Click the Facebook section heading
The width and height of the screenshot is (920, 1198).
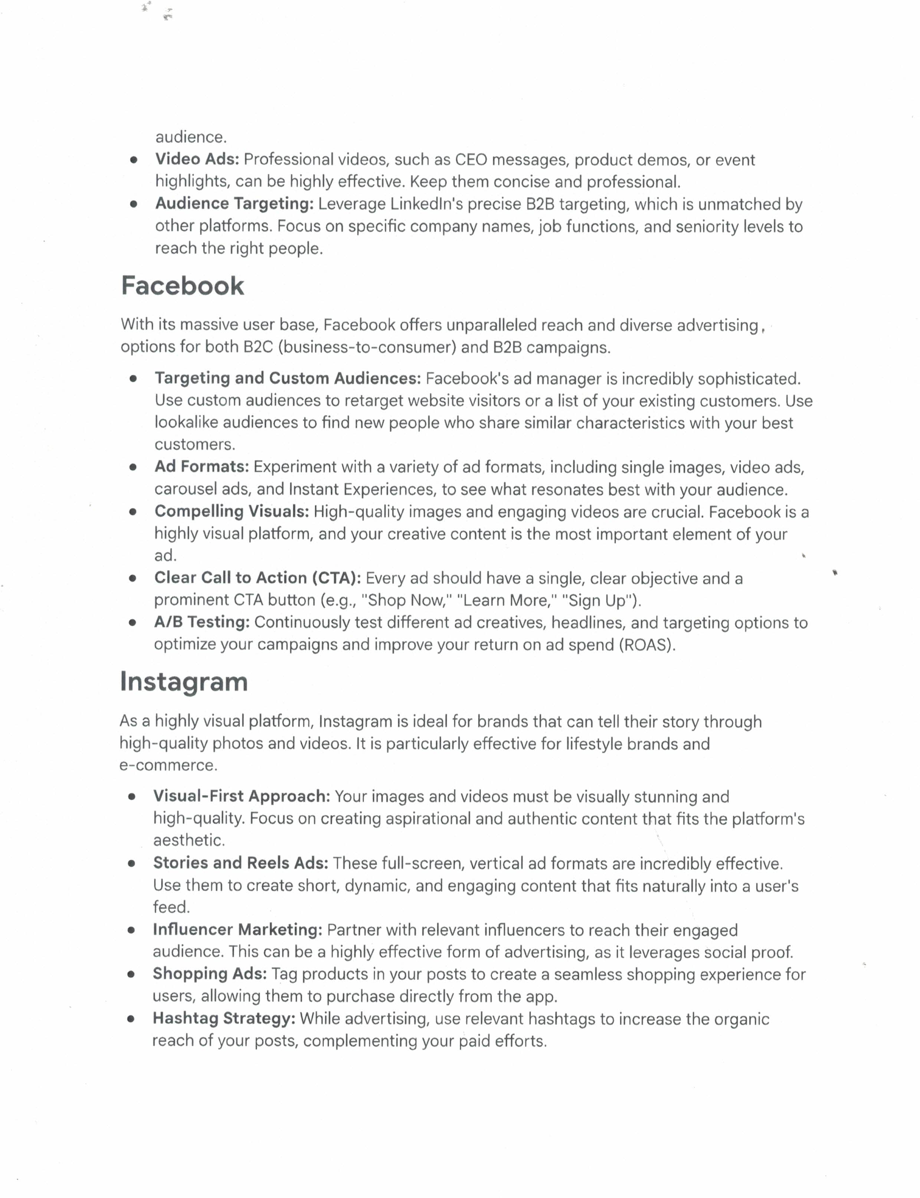pyautogui.click(x=182, y=286)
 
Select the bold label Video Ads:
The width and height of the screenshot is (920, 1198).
pyautogui.click(x=197, y=159)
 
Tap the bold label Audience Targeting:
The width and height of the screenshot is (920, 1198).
pyautogui.click(x=235, y=204)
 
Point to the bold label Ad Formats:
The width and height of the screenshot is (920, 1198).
pyautogui.click(x=202, y=466)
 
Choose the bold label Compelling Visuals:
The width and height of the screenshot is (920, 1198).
pyautogui.click(x=232, y=511)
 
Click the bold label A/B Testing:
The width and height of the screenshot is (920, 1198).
pyautogui.click(x=202, y=622)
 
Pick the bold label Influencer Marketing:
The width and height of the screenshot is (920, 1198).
pyautogui.click(x=238, y=930)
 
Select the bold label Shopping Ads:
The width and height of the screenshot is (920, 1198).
pyautogui.click(x=210, y=974)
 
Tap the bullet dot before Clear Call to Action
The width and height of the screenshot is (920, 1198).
pyautogui.click(x=132, y=578)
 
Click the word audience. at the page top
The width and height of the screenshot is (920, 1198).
pyautogui.click(x=191, y=137)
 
